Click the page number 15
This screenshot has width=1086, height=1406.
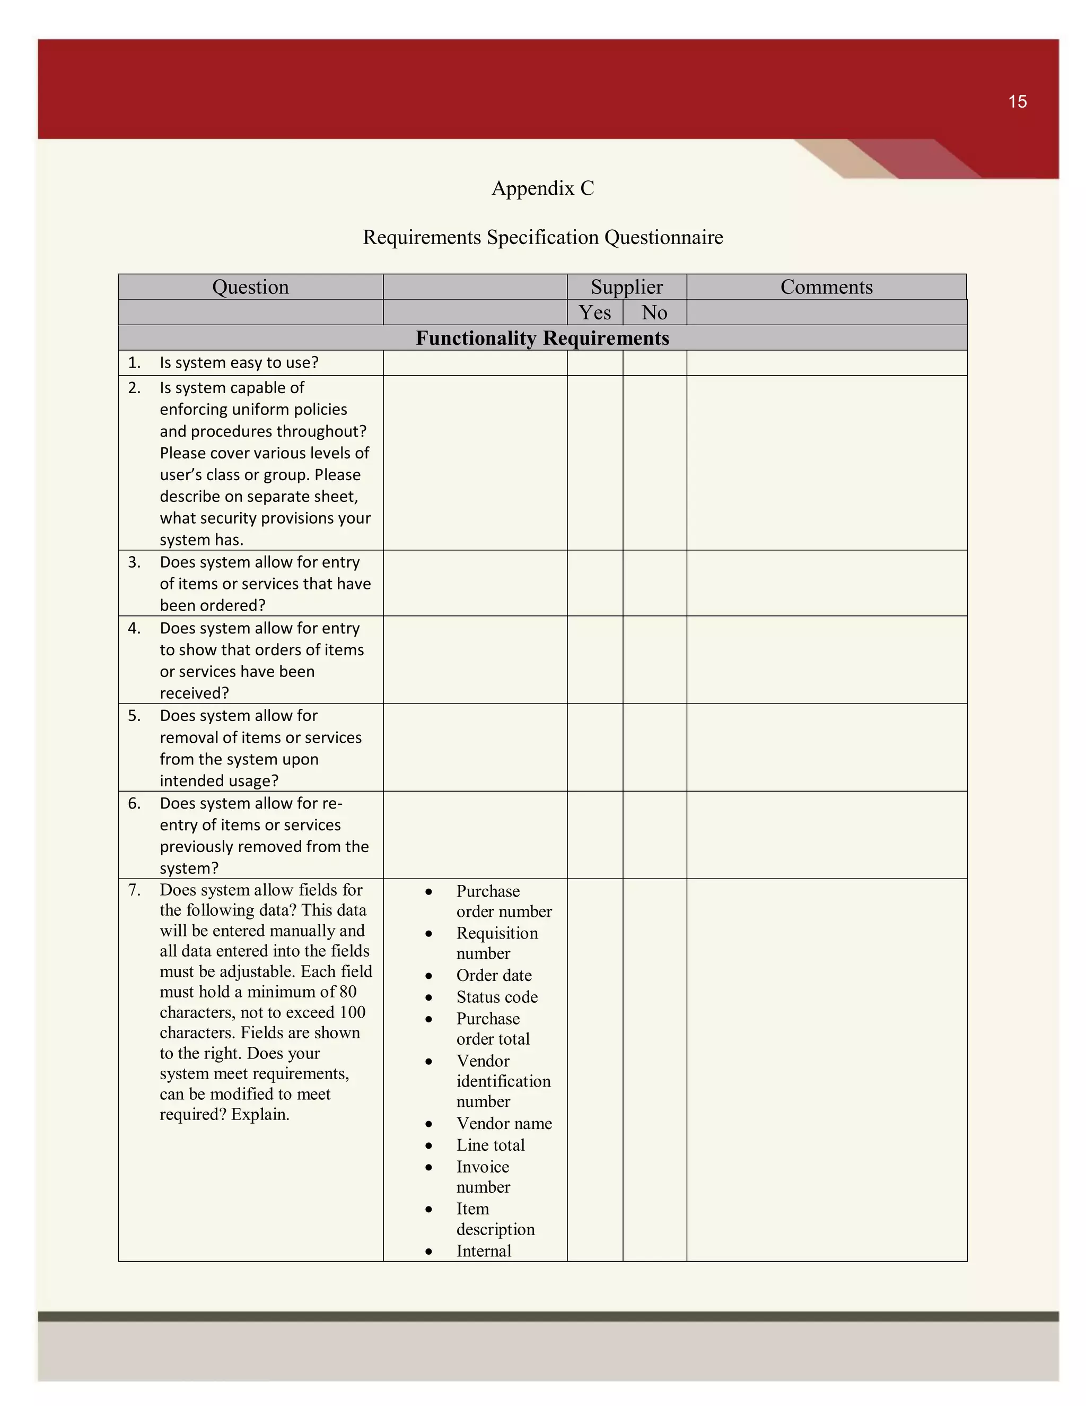1017,102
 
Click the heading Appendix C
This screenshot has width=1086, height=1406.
542,188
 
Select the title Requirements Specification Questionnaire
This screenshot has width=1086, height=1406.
542,237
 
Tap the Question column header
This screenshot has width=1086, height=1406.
250,287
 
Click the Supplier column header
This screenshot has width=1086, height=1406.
626,287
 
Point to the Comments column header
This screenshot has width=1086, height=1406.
826,287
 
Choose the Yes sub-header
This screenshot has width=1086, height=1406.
594,313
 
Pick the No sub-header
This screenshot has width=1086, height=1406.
654,313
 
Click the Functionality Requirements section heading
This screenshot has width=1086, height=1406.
542,338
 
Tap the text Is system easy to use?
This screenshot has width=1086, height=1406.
239,362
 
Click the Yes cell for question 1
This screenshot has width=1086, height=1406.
594,363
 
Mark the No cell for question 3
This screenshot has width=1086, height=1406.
654,583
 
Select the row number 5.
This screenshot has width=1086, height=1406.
134,716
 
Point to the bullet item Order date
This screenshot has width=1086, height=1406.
494,975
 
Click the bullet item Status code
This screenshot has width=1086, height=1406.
497,997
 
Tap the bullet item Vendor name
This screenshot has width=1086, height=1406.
504,1123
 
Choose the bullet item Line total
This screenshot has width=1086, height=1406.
491,1145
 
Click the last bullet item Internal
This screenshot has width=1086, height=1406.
483,1251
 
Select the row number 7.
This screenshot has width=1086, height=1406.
134,890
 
